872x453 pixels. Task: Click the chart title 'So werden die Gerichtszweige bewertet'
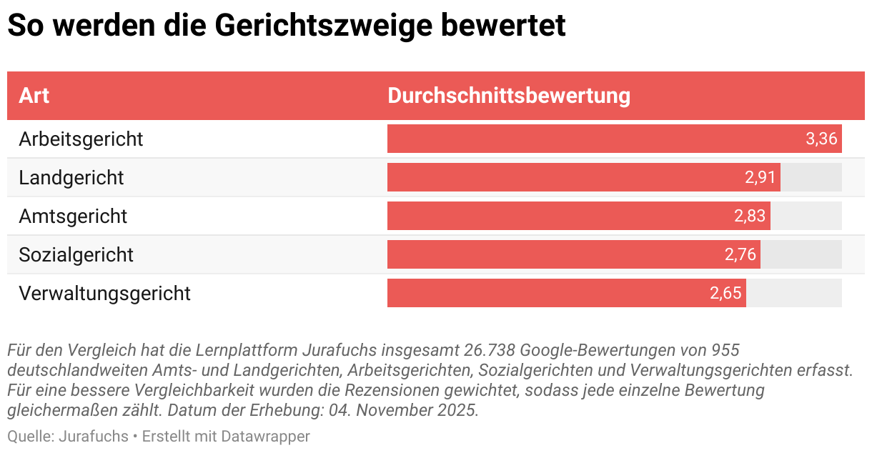pos(286,26)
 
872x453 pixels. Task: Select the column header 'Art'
pos(34,96)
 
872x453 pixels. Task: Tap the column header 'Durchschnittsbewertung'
pos(509,96)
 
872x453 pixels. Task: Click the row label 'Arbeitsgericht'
pos(81,139)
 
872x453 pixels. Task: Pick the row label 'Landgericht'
pos(71,177)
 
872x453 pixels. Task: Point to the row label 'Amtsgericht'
pos(73,216)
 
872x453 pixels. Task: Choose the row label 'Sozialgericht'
pos(76,254)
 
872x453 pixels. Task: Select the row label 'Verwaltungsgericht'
pos(104,293)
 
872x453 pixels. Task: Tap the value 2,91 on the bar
pos(760,177)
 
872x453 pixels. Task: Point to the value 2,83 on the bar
pos(750,216)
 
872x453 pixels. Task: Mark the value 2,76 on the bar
pos(740,254)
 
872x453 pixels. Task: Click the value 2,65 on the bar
pos(725,293)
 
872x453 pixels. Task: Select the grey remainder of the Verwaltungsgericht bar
pos(793,293)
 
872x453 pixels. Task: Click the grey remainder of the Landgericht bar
pos(811,177)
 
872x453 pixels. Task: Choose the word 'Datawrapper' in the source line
pos(265,436)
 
